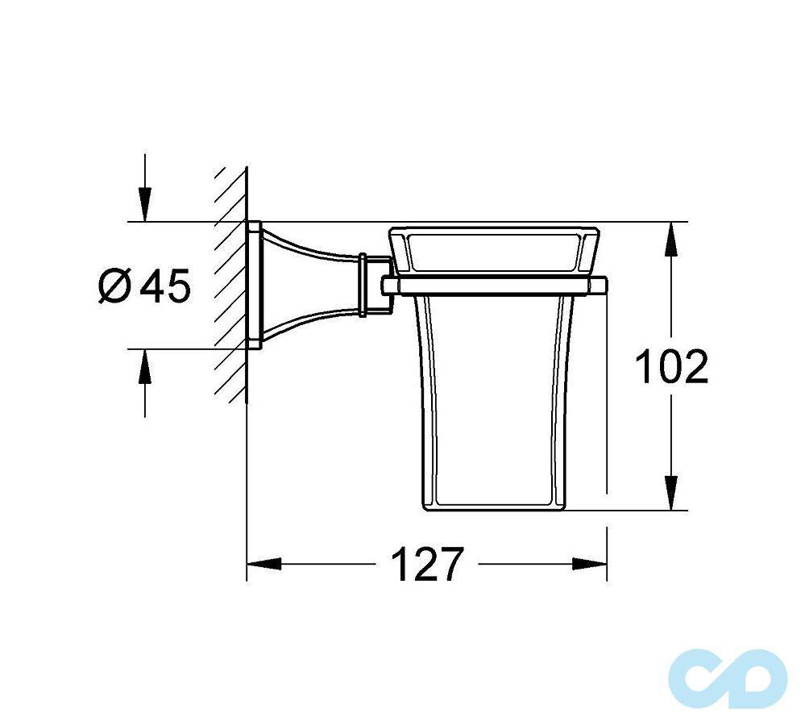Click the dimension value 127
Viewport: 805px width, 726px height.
[427, 564]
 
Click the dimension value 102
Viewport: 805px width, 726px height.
[671, 367]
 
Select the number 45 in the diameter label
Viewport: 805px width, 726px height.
[165, 286]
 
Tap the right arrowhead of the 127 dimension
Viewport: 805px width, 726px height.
[590, 564]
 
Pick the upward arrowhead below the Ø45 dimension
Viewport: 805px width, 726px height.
[144, 367]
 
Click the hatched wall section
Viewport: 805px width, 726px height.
[230, 282]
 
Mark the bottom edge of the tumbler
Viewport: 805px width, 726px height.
[493, 509]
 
